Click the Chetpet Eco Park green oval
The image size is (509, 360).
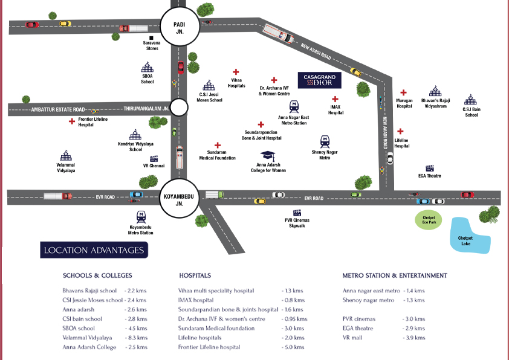(428, 219)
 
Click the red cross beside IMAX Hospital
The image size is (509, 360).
(336, 98)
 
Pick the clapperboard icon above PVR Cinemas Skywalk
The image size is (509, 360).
(297, 213)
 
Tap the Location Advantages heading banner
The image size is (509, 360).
(94, 250)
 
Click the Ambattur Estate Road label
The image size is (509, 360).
(58, 109)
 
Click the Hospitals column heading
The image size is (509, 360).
(195, 275)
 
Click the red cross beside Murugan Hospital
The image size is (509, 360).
(400, 94)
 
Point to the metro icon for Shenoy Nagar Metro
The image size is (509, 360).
(325, 140)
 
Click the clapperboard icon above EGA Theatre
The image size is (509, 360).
(430, 169)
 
